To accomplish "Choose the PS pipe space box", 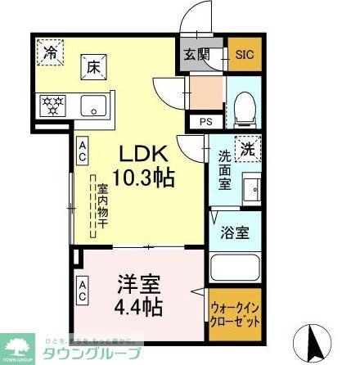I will click(x=205, y=121).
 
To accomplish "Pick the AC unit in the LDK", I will click(x=83, y=147).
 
